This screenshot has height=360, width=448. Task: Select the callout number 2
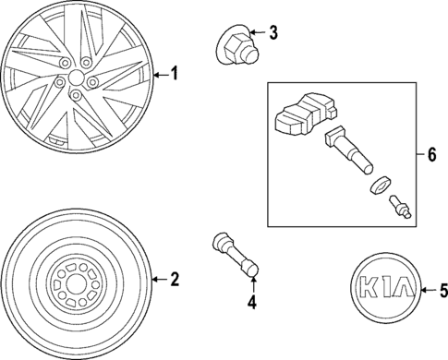pyautogui.click(x=173, y=279)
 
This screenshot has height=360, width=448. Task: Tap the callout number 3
pyautogui.click(x=273, y=34)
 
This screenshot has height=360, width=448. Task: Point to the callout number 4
pyautogui.click(x=250, y=304)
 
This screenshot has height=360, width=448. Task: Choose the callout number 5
pyautogui.click(x=442, y=291)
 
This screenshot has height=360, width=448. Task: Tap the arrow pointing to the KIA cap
pyautogui.click(x=426, y=291)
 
